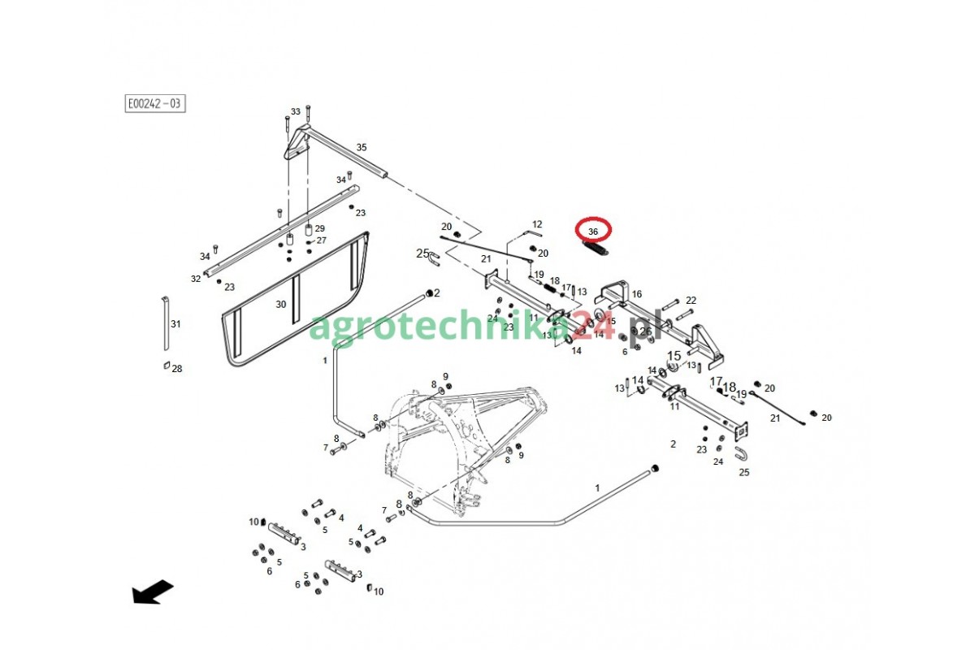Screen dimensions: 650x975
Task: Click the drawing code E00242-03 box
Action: coord(154,103)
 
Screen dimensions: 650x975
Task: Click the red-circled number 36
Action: coord(593,232)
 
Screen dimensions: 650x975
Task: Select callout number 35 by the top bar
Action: coord(362,147)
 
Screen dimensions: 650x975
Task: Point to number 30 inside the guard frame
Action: coord(281,304)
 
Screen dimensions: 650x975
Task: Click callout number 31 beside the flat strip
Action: coord(176,324)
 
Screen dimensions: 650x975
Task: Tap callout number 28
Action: coord(177,369)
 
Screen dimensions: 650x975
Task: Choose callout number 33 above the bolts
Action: coord(296,111)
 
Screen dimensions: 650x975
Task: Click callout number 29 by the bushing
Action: coord(320,229)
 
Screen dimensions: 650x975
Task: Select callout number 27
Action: coord(322,240)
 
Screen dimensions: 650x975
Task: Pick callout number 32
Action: coord(196,279)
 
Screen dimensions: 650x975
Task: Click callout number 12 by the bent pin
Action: coord(537,223)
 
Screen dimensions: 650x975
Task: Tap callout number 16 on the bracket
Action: coord(637,294)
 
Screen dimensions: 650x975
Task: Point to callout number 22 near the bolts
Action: coord(691,301)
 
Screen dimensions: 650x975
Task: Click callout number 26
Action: coord(645,331)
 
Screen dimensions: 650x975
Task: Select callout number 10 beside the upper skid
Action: coord(253,522)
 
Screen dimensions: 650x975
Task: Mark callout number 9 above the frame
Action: coord(445,376)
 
